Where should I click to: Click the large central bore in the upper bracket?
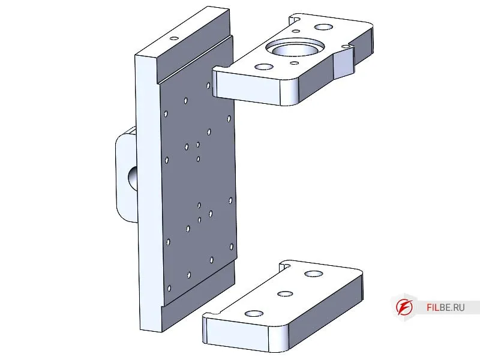click(295, 49)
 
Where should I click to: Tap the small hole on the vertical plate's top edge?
click(174, 38)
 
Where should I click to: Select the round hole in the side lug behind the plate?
click(133, 177)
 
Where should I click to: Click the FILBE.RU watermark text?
click(445, 307)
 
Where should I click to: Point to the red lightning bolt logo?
click(404, 307)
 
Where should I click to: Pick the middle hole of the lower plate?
click(285, 294)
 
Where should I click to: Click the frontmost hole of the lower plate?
click(254, 314)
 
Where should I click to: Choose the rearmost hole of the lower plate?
click(314, 274)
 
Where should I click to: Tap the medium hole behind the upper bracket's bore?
click(323, 27)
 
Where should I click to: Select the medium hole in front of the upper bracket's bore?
click(264, 67)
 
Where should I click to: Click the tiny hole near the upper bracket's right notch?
click(346, 47)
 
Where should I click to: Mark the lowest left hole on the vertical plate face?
click(169, 288)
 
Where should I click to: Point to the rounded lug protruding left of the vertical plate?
click(126, 175)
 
